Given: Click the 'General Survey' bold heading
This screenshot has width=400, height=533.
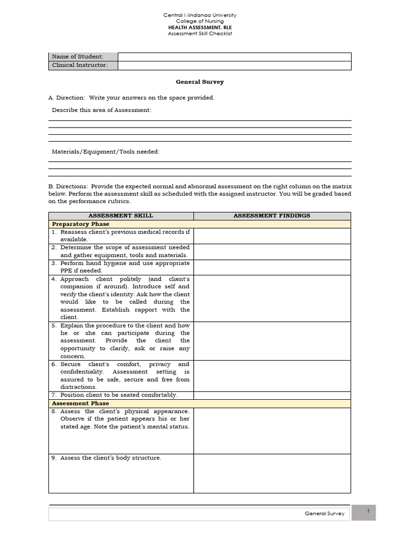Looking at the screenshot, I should click(199, 82).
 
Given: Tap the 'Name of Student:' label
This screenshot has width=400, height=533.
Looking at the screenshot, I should click(77, 56).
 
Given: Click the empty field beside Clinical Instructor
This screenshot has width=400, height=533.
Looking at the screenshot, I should click(234, 65).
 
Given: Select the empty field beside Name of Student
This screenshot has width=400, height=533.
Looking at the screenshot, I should click(234, 56).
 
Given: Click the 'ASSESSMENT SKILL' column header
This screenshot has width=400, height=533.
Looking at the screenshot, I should click(121, 215).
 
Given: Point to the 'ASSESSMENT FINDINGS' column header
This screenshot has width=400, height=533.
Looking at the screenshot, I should click(271, 215).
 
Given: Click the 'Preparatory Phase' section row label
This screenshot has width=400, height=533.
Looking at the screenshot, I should click(80, 224).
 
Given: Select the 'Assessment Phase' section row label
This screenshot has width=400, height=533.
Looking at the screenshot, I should click(80, 403).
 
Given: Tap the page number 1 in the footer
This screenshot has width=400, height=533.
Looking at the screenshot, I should click(368, 512).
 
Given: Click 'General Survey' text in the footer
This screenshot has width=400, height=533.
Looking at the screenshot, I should click(324, 514).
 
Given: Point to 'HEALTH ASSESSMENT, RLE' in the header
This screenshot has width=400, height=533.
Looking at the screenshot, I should click(199, 27).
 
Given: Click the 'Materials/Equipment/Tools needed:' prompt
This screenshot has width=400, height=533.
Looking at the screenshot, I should click(106, 151).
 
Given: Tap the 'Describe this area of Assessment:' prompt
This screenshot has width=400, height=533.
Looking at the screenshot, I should click(102, 110).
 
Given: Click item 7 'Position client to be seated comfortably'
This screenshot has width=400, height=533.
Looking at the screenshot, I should click(119, 395).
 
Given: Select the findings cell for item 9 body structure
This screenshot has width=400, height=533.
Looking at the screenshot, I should click(271, 473).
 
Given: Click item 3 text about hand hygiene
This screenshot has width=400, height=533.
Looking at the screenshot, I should click(124, 263).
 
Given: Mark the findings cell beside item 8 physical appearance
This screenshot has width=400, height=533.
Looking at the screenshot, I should click(271, 430).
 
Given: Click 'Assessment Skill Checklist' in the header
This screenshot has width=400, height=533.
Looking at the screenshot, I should click(199, 33).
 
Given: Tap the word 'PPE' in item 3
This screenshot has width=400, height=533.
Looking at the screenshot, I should click(66, 271).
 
